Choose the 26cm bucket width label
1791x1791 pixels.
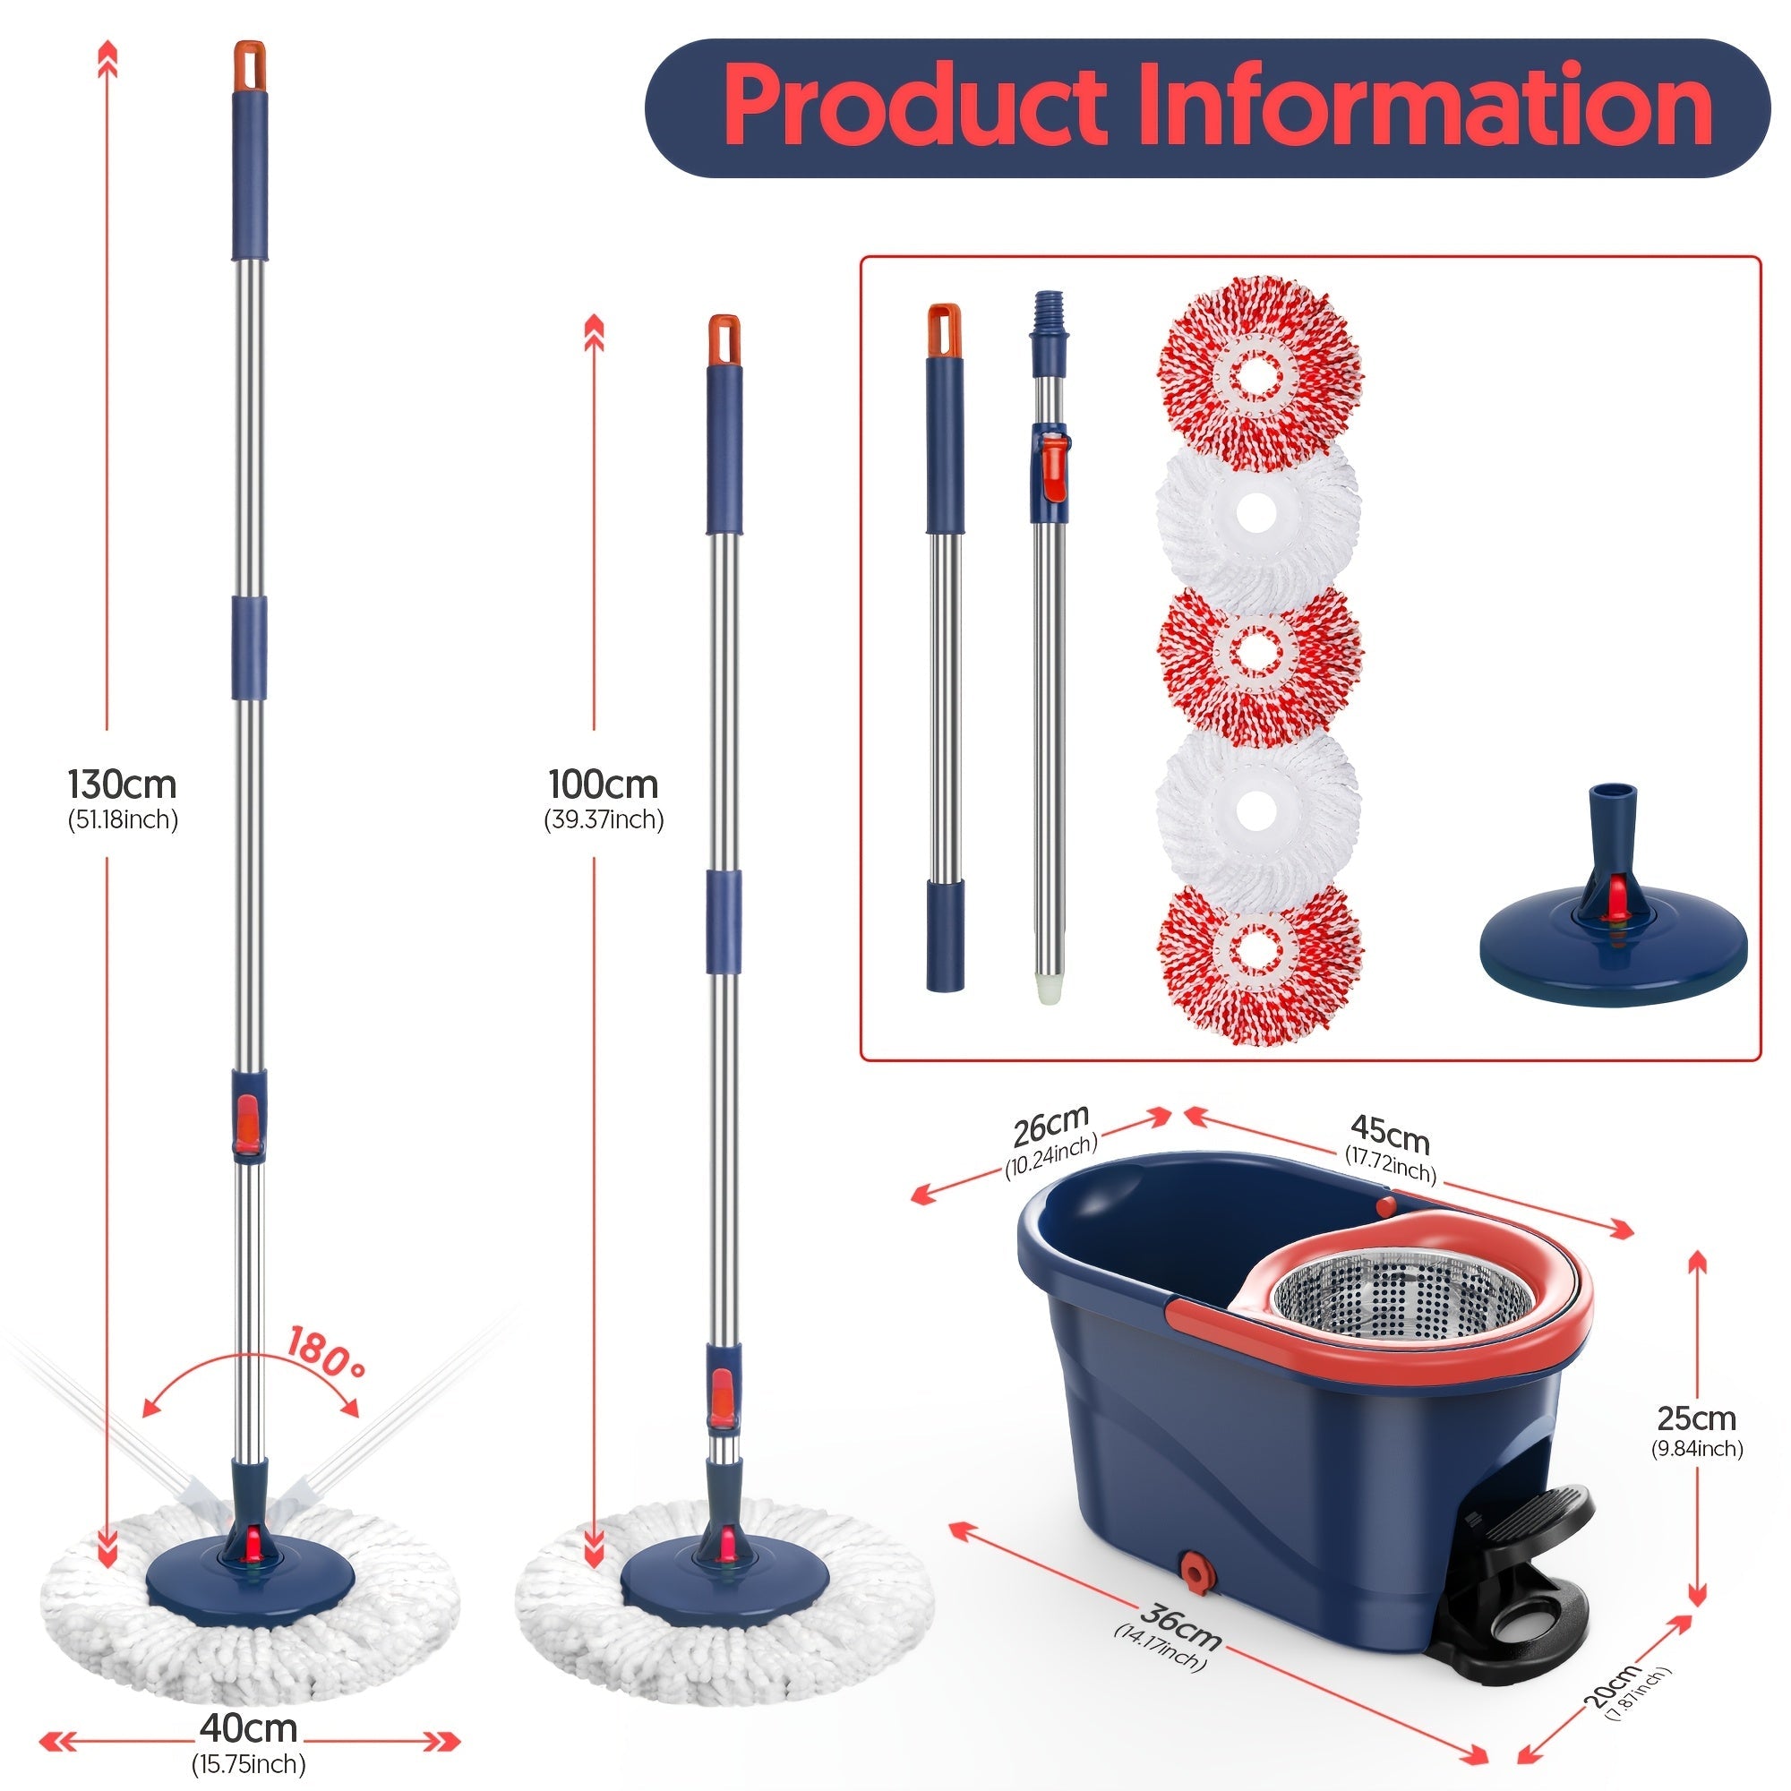(x=1050, y=1127)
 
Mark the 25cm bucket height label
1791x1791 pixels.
(x=1695, y=1419)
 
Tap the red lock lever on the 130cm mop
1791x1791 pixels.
(x=247, y=1124)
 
